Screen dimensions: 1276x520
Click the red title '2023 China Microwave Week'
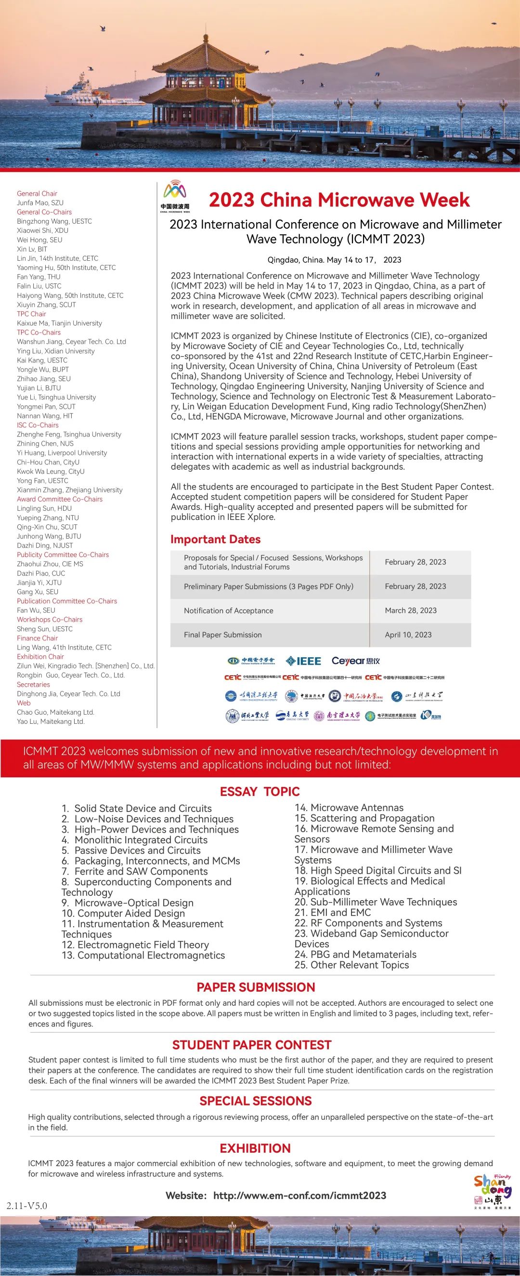click(x=339, y=199)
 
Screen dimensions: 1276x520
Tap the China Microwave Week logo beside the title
click(x=175, y=196)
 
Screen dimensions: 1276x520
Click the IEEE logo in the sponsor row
click(x=303, y=661)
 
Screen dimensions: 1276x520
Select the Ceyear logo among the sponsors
click(x=355, y=661)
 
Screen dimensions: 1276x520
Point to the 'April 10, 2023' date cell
click(x=408, y=635)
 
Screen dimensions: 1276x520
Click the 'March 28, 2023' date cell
click(x=411, y=610)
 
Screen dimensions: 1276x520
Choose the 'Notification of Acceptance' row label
click(x=229, y=611)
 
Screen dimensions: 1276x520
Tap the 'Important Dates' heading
click(x=215, y=539)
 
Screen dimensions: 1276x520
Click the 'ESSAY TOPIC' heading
click(x=260, y=792)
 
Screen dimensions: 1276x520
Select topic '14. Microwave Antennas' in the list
click(x=349, y=808)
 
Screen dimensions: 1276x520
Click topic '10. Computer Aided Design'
click(x=123, y=913)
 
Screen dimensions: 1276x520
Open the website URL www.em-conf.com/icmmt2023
click(x=299, y=1195)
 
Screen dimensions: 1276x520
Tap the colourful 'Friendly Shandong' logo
click(x=493, y=1192)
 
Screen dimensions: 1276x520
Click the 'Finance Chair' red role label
click(x=37, y=638)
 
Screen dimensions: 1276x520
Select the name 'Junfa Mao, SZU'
click(x=40, y=202)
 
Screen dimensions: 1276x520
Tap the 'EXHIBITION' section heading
click(x=255, y=1148)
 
